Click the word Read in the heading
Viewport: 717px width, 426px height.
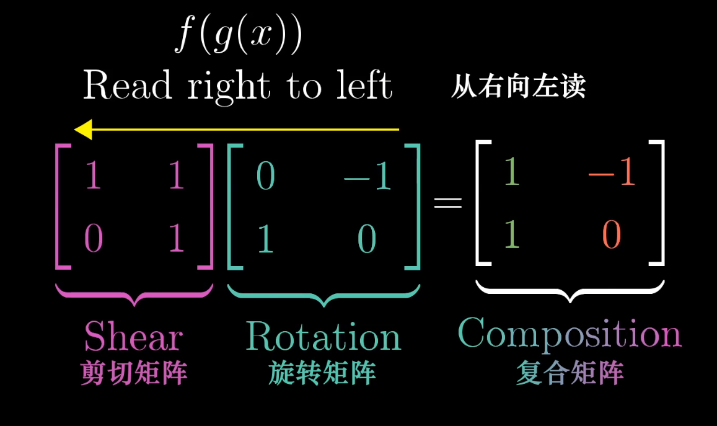tap(128, 86)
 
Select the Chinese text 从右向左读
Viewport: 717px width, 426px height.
tap(518, 87)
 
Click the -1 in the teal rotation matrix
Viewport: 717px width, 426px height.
tap(367, 177)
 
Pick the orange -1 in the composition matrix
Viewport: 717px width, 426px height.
tap(612, 173)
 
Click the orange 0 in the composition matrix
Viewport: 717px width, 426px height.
tap(611, 236)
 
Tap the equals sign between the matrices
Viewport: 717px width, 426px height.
tap(447, 203)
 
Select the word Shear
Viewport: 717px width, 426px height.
tap(133, 337)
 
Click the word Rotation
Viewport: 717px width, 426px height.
tap(323, 337)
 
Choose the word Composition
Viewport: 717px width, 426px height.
tap(569, 333)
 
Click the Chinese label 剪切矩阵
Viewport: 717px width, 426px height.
tap(134, 373)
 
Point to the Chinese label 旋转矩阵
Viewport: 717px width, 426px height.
tap(322, 373)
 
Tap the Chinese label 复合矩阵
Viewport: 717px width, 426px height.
tap(570, 373)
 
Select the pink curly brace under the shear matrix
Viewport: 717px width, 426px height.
tap(134, 295)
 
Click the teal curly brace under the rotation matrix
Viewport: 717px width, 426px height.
tap(323, 295)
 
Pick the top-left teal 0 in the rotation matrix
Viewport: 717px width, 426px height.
tap(265, 177)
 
